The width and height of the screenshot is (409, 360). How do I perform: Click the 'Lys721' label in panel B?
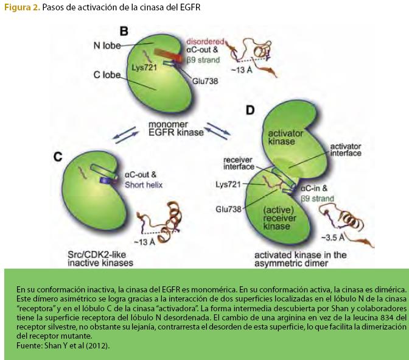[x=144, y=68]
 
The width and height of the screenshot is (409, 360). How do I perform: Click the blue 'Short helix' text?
[x=144, y=184]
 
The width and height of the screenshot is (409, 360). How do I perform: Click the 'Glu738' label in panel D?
[x=228, y=208]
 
